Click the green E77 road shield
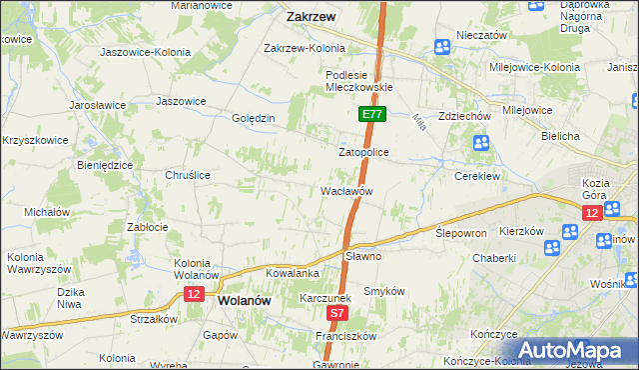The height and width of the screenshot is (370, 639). click(x=371, y=115)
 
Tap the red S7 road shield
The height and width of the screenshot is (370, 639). click(x=337, y=313)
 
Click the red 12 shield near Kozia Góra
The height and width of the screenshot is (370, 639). click(x=592, y=214)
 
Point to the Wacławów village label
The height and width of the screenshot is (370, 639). click(x=346, y=190)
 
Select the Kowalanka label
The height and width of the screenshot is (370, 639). click(x=292, y=273)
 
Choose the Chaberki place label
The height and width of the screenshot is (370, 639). click(x=494, y=257)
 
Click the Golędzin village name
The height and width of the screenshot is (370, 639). click(x=253, y=118)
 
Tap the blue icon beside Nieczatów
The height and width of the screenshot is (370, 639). click(x=442, y=47)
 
